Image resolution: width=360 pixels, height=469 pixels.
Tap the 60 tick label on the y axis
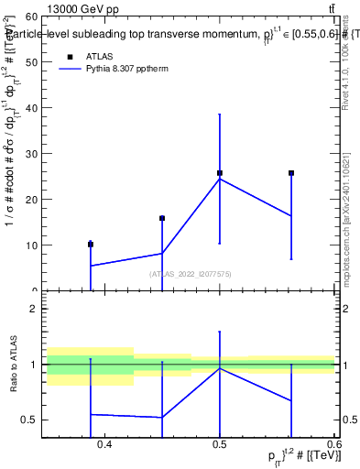[x=31, y=16]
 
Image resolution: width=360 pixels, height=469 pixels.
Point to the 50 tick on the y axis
[x=31, y=62]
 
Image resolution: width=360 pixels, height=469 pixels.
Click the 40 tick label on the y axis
[x=31, y=108]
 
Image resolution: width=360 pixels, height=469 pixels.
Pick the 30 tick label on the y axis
[x=31, y=154]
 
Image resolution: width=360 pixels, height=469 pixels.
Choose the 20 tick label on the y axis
[x=31, y=200]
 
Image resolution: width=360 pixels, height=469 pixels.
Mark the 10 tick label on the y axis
[x=31, y=245]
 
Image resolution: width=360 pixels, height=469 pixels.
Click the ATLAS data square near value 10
[x=91, y=245]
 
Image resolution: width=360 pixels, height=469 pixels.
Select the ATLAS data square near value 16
[x=162, y=218]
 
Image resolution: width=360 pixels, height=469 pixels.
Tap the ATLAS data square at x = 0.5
[x=220, y=173]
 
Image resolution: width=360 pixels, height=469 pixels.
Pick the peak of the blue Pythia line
[x=220, y=179]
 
